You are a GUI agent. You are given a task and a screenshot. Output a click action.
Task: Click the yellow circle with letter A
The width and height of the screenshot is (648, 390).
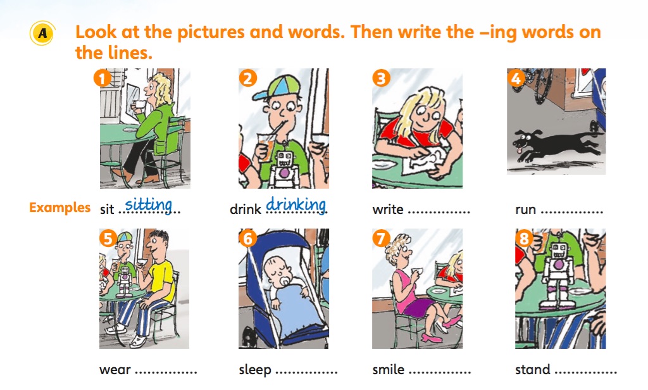pyautogui.click(x=42, y=33)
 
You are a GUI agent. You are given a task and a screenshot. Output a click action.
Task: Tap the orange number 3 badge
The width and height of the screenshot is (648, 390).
pyautogui.click(x=381, y=78)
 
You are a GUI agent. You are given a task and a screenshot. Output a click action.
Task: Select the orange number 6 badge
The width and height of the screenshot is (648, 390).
pyautogui.click(x=248, y=238)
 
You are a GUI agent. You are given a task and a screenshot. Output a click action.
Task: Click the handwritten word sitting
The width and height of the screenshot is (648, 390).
pyautogui.click(x=148, y=204)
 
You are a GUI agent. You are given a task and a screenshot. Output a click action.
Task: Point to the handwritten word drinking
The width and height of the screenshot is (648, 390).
pyautogui.click(x=296, y=204)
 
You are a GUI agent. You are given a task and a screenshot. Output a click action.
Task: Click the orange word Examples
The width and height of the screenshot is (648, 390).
pyautogui.click(x=59, y=207)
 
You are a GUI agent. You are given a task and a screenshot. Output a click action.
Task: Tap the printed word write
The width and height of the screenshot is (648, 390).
pyautogui.click(x=388, y=210)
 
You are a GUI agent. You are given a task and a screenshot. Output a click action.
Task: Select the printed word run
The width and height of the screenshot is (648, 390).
pyautogui.click(x=526, y=210)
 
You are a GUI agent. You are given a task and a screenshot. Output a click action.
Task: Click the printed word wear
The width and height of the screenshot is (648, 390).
pyautogui.click(x=115, y=370)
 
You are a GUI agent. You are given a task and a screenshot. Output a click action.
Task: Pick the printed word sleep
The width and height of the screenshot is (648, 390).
pyautogui.click(x=255, y=370)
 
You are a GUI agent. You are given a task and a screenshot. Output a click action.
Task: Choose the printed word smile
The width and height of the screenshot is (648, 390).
pyautogui.click(x=389, y=369)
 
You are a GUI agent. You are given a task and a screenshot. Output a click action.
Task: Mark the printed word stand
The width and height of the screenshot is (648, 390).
pyautogui.click(x=533, y=369)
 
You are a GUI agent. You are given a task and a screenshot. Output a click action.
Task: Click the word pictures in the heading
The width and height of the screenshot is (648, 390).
pyautogui.click(x=210, y=33)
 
